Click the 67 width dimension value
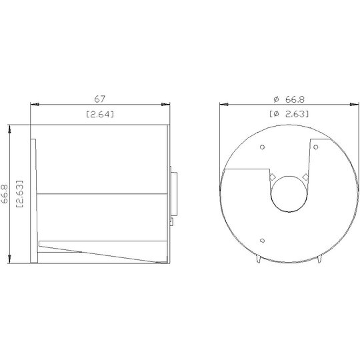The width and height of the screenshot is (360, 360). (x=99, y=99)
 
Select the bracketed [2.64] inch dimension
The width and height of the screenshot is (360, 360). (x=100, y=114)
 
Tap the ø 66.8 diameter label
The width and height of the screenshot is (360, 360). (x=289, y=99)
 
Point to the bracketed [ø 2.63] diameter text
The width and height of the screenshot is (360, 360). (x=289, y=114)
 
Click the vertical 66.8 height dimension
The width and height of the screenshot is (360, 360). (x=5, y=194)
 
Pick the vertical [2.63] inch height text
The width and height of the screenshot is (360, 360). (x=19, y=194)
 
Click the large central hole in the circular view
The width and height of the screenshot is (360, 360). (x=289, y=194)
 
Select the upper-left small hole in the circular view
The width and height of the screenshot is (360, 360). (x=262, y=147)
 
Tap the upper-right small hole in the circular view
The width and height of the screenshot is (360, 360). (x=316, y=147)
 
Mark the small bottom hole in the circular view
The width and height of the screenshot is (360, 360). (x=262, y=241)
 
